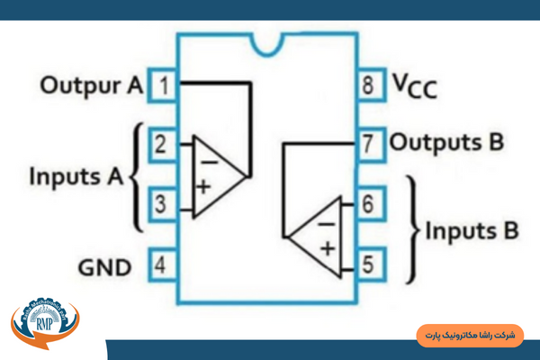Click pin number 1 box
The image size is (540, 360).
pos(163,85)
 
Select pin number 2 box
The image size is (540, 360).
pos(163,143)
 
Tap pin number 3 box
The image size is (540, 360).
pos(163,204)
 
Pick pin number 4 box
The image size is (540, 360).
pos(163,265)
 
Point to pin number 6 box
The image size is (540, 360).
pos(368,204)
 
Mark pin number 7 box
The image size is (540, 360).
pos(368,143)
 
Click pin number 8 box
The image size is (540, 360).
pos(368,86)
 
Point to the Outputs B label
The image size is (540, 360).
pos(446,143)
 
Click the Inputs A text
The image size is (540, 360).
pos(76,174)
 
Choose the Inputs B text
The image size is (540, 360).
pos(472,230)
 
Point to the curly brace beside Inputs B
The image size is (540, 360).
pos(415,229)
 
